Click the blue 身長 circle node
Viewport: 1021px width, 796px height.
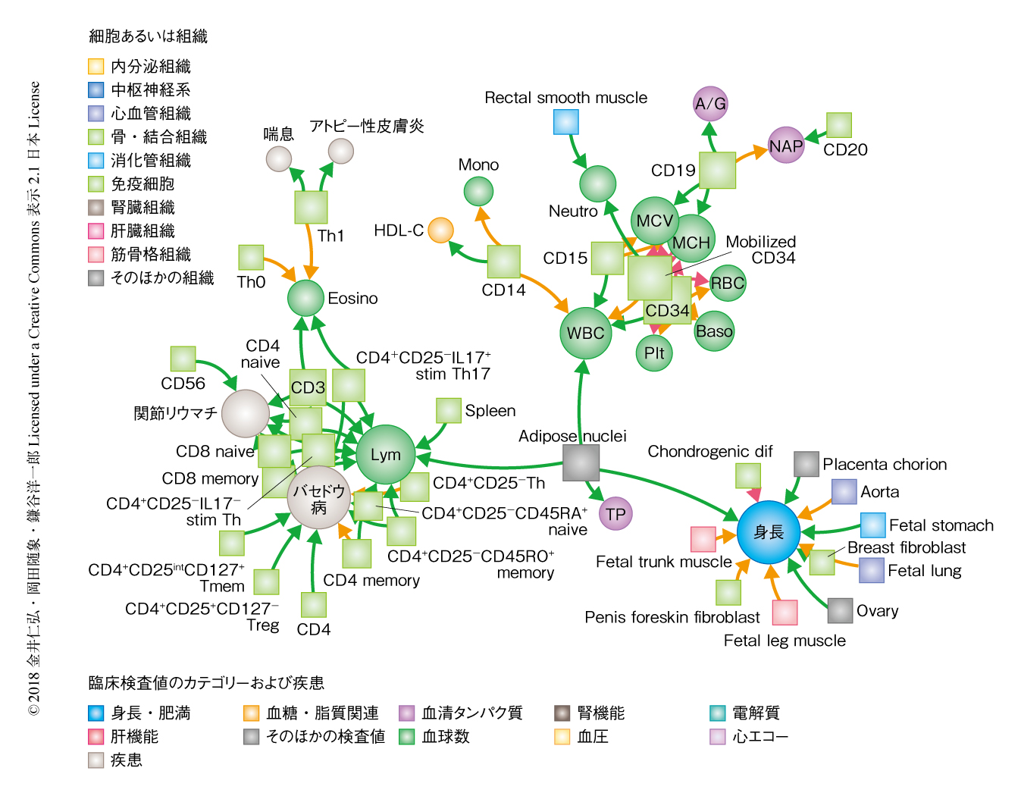769,532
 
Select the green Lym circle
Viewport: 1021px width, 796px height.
386,455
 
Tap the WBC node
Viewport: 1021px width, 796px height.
586,333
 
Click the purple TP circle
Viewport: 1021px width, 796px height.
615,514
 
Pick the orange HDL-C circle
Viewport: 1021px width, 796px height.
440,230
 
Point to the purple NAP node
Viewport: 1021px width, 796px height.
786,146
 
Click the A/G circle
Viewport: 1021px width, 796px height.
711,104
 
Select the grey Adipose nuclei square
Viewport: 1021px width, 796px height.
581,462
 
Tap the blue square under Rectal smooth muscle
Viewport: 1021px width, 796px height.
566,121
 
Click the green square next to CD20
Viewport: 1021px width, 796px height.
839,125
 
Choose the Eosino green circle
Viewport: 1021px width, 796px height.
306,298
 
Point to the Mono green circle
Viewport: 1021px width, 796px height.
478,191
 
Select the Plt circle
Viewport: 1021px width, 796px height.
654,353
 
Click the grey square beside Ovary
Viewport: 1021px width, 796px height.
840,610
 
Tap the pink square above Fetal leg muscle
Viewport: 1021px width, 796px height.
785,612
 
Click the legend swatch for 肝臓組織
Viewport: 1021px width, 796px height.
96,231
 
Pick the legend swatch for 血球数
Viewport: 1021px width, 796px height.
407,736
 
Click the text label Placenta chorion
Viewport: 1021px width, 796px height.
885,464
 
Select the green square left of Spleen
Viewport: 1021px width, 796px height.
449,410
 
